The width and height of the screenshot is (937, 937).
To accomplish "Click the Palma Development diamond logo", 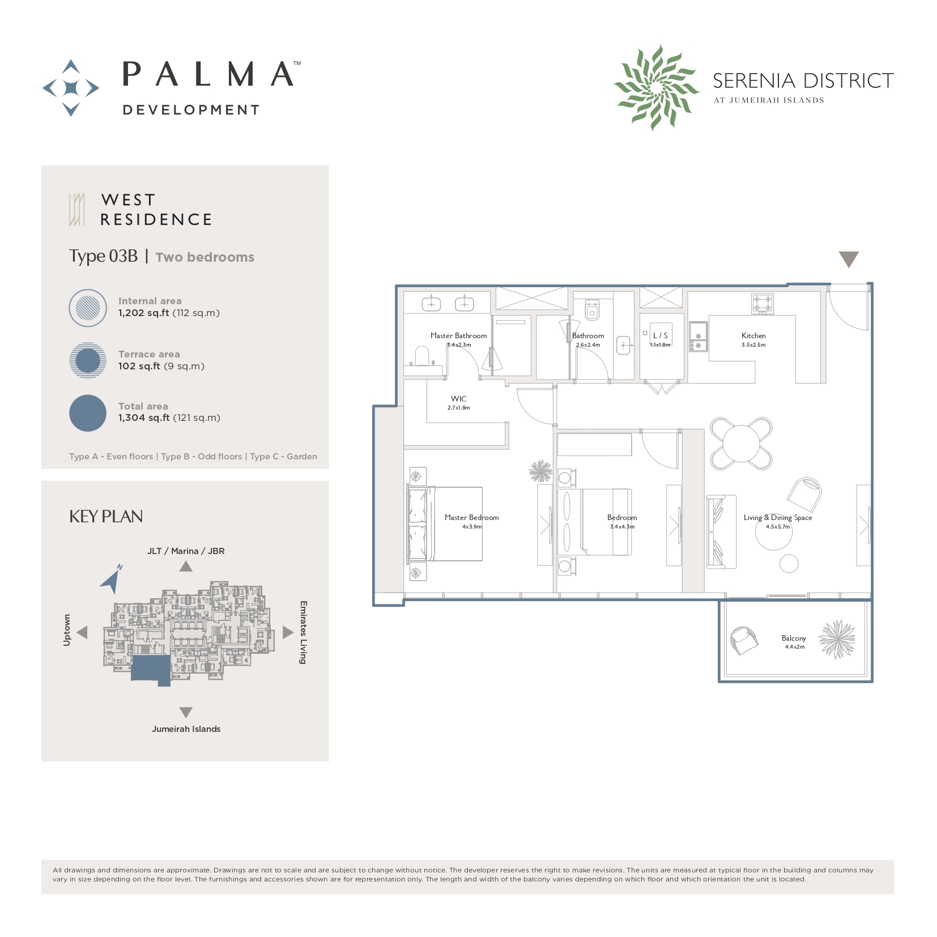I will tap(71, 88).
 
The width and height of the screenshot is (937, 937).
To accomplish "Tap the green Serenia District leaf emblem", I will tap(656, 88).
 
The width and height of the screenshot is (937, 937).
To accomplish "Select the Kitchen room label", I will tap(753, 336).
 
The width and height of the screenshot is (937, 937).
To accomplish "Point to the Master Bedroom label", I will tap(471, 518).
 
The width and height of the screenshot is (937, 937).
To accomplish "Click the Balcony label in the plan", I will tap(793, 638).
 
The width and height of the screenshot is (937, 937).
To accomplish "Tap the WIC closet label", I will tap(458, 399).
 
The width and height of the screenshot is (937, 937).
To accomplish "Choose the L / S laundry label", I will tap(660, 335).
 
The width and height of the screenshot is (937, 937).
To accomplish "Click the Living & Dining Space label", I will tap(777, 518).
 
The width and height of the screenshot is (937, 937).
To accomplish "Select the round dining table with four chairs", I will tap(741, 444).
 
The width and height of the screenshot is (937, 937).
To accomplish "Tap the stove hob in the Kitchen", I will tap(762, 304).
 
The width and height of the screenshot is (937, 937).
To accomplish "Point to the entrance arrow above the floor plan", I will tap(848, 259).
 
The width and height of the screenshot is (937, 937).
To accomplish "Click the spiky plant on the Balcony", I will tap(837, 639).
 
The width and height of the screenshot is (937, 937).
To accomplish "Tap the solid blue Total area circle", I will tap(88, 413).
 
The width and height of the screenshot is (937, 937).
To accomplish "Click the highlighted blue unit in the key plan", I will tap(151, 669).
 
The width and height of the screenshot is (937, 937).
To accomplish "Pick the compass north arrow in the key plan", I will tap(111, 580).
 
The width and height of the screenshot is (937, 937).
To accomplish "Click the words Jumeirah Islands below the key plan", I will tap(186, 729).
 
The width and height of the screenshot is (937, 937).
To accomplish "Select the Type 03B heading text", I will tap(103, 256).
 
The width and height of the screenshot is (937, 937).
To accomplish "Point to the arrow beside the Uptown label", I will tap(83, 632).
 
